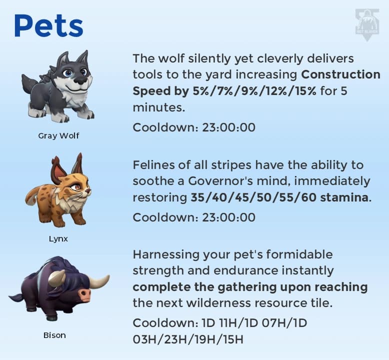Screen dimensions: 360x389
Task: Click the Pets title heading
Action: [48, 26]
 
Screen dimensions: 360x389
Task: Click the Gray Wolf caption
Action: [58, 135]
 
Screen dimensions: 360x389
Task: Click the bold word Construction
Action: [340, 75]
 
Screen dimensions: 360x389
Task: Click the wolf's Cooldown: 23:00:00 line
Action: [193, 127]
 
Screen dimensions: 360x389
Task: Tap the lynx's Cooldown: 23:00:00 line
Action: [193, 217]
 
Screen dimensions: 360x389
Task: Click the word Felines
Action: [152, 165]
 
